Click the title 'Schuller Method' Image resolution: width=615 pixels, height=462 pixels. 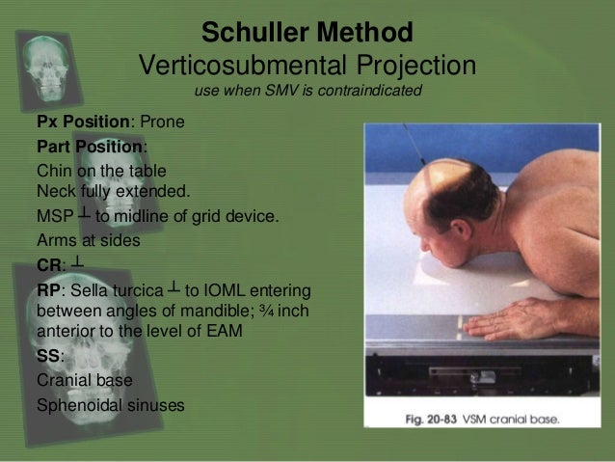[307, 32]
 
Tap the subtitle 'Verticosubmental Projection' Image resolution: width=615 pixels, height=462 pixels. [307, 66]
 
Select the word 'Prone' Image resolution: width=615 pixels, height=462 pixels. [163, 122]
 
